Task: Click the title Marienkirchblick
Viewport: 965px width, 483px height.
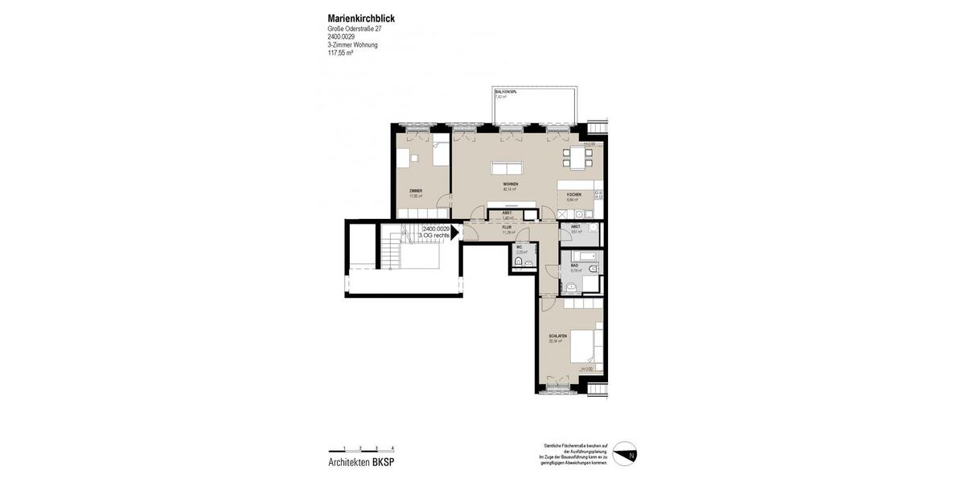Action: coord(361,19)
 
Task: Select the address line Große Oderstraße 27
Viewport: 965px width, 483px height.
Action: coord(355,29)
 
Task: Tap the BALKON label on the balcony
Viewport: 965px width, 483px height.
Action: coord(505,93)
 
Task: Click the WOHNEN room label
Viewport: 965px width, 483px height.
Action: coord(510,185)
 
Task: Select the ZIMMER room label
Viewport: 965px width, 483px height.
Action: coord(415,191)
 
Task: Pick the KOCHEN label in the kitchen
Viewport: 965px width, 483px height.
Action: coord(573,195)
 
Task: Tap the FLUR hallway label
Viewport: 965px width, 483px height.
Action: coord(507,228)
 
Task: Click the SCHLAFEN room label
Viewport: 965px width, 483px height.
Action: coord(557,336)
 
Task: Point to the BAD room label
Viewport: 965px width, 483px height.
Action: coord(574,265)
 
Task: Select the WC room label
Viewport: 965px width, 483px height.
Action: coord(519,247)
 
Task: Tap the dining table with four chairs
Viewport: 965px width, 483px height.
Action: coord(577,158)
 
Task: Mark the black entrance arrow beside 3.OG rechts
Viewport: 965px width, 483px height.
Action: coord(454,233)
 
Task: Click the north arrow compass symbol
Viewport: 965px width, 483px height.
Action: coord(625,453)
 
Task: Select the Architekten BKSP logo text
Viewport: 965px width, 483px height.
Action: coord(361,462)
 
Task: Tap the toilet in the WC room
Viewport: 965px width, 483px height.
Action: coord(519,262)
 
